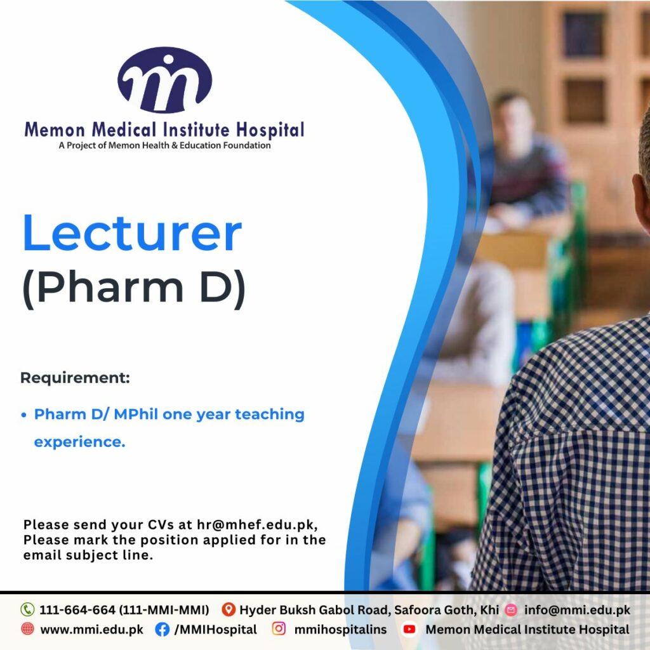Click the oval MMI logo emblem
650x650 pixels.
[164, 79]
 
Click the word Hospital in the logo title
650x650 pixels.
[270, 130]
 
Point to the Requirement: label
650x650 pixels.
[75, 378]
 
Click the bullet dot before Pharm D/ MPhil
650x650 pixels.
[24, 415]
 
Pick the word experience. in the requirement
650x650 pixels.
[79, 442]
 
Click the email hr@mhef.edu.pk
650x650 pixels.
[257, 525]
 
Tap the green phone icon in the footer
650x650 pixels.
[27, 609]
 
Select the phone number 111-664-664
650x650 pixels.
[77, 610]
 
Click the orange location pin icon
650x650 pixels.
[229, 609]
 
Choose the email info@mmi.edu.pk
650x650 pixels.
[577, 610]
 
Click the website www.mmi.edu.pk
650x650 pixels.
[91, 630]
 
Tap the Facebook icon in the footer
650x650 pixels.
[162, 629]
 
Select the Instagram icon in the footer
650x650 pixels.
[279, 629]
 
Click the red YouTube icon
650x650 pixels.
[409, 629]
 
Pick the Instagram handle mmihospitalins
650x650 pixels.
[340, 630]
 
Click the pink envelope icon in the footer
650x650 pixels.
[511, 610]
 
